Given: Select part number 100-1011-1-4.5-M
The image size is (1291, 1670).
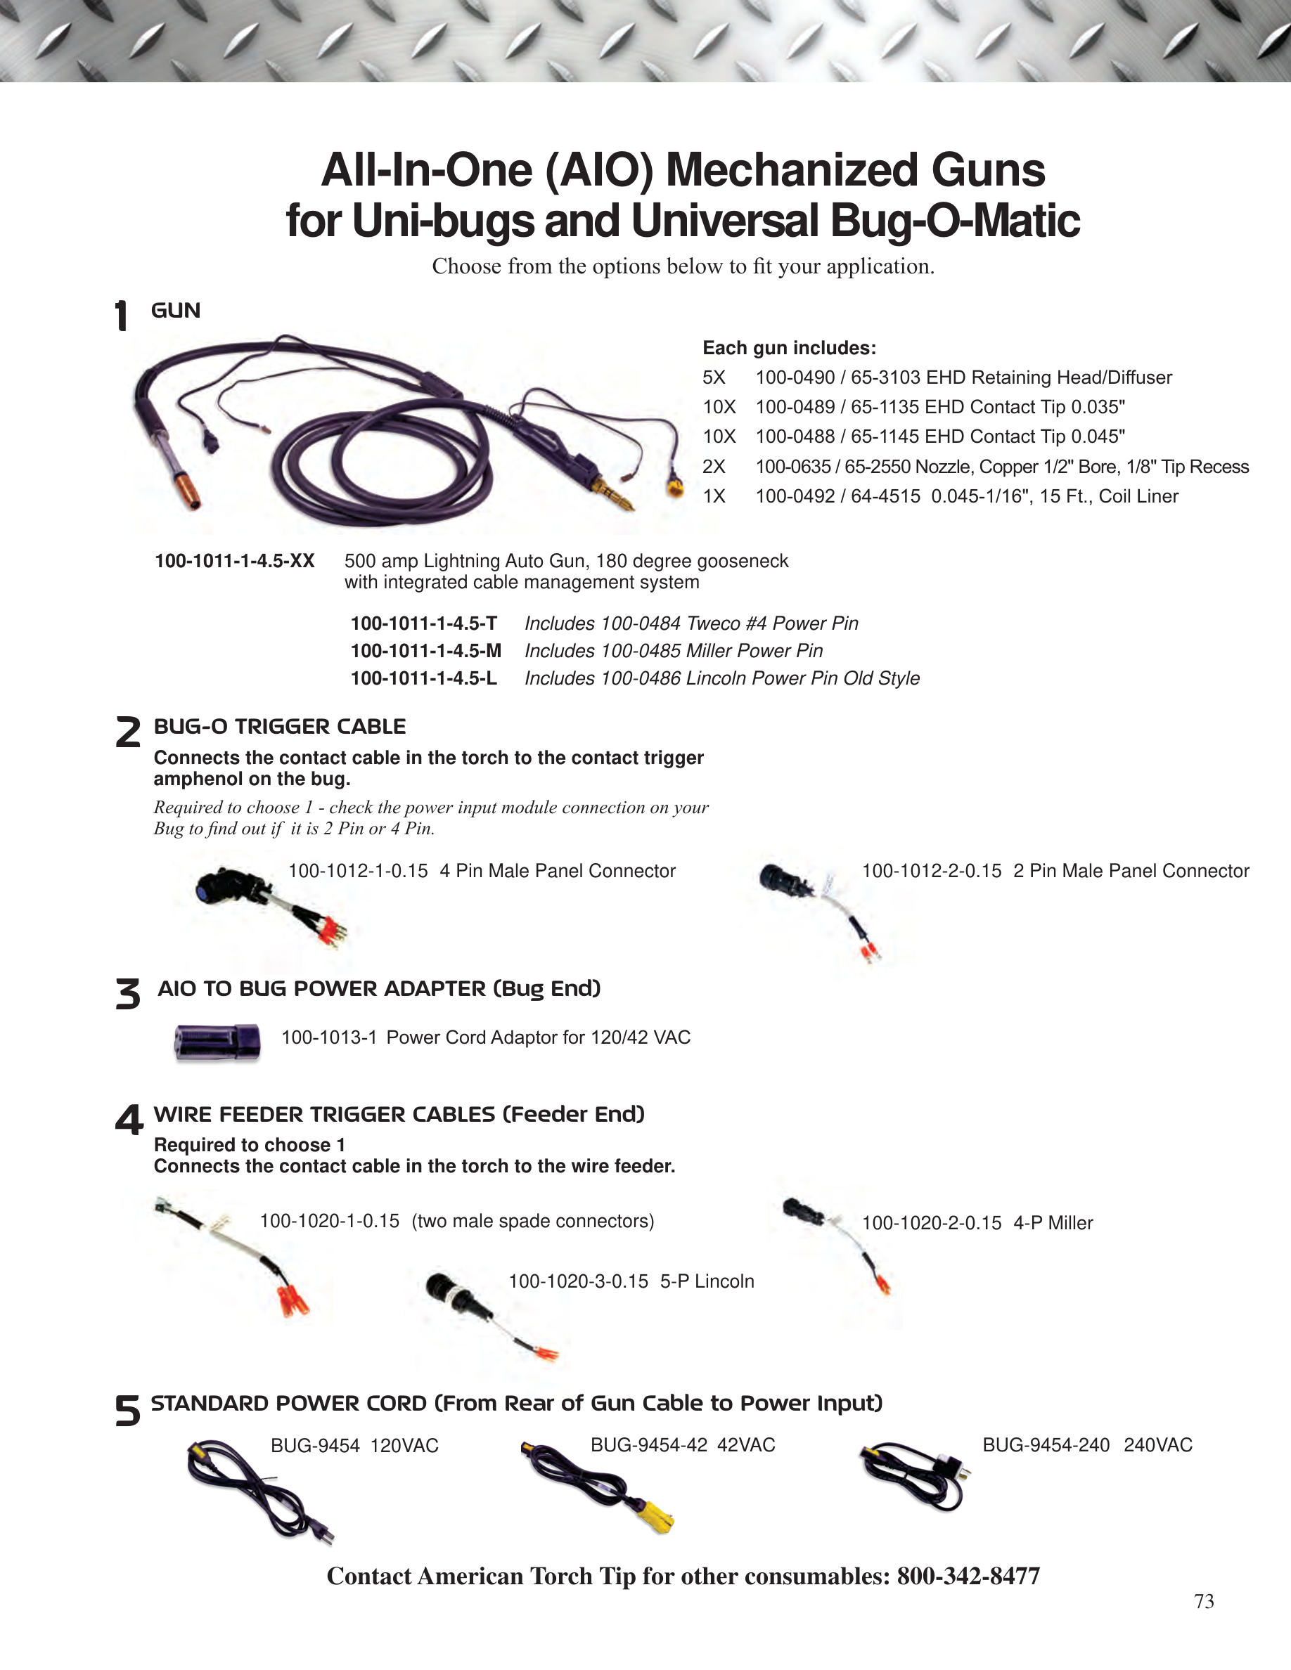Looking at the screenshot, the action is click(x=426, y=651).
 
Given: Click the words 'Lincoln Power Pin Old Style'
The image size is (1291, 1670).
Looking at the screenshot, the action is click(x=802, y=678).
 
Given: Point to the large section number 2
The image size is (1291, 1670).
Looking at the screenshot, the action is click(x=128, y=732).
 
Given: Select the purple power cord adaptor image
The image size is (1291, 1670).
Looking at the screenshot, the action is click(x=217, y=1042).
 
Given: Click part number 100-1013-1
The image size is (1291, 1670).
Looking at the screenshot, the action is click(x=329, y=1037).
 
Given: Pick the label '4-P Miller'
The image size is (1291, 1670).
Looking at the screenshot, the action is click(x=1053, y=1224).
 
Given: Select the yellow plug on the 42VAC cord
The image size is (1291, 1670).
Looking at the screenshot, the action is click(x=655, y=1516).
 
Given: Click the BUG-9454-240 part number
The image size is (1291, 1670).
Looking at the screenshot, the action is click(x=1046, y=1445).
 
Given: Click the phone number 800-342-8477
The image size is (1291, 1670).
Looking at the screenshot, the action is click(x=968, y=1576).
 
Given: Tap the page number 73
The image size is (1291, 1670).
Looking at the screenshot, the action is click(x=1204, y=1602).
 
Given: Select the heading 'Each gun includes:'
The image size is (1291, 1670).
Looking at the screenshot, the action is click(x=789, y=348).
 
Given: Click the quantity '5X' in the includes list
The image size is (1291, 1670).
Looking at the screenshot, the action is click(x=714, y=377).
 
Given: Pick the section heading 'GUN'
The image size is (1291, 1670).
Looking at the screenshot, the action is click(x=176, y=311).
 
